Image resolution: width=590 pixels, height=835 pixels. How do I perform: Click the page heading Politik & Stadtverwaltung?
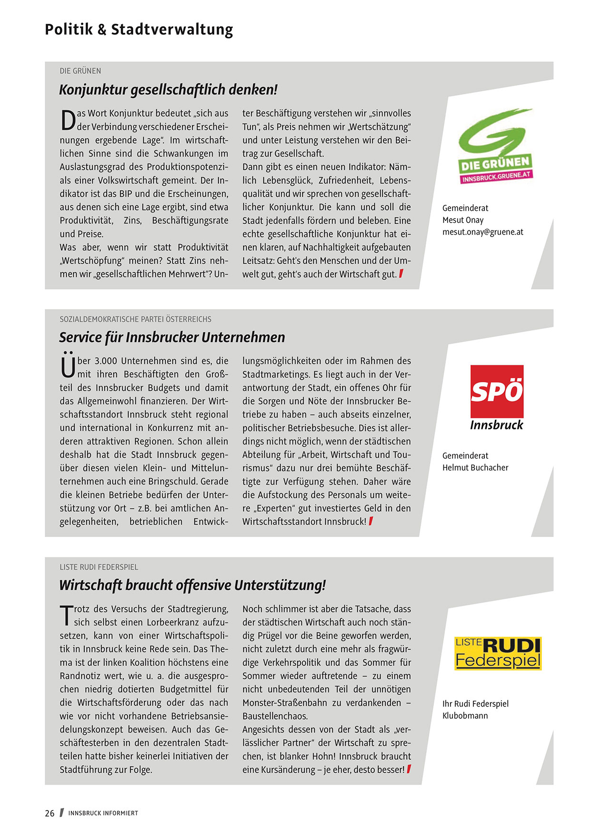coord(138,30)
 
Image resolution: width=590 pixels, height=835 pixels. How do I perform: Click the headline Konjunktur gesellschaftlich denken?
coord(168,89)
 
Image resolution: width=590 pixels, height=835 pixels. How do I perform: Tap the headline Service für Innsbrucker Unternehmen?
coord(172,337)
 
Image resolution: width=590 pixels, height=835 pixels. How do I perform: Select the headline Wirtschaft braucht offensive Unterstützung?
coord(192,585)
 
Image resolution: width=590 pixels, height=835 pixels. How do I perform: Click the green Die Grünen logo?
coord(495,145)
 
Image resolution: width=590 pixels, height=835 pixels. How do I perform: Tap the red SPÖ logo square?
coord(497,391)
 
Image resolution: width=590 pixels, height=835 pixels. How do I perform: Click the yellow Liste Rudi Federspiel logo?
coord(498,653)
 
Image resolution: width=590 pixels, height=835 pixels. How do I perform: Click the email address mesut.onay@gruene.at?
coord(482,232)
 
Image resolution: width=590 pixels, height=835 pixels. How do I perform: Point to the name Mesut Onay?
coord(462,220)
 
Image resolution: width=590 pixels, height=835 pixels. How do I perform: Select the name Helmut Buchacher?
coord(475,467)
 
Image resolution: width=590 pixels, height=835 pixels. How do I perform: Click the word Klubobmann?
coord(465,716)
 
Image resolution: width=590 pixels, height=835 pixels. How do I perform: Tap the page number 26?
coord(49,813)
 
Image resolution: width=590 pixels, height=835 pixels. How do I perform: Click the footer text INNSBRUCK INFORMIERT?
coord(103,813)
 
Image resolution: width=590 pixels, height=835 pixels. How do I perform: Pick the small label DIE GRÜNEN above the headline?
coord(80,71)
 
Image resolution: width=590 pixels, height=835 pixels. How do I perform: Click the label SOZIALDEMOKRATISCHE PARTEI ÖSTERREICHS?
coord(136,319)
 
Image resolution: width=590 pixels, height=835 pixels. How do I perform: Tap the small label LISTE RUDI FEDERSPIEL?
coord(99,567)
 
